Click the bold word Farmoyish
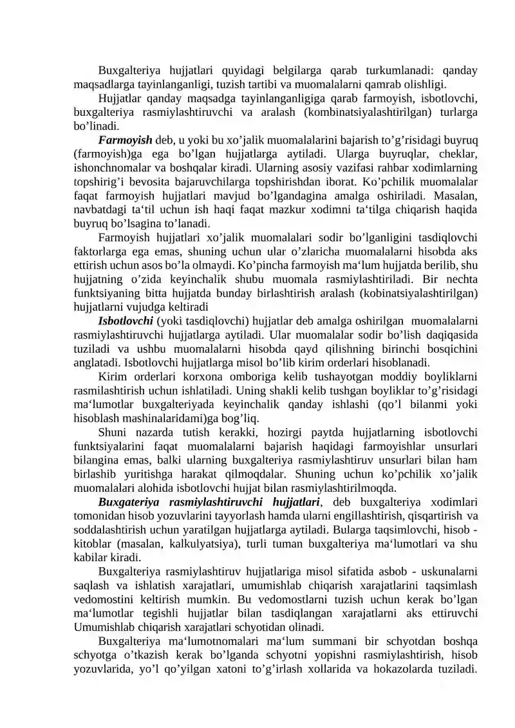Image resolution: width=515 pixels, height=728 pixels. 125,139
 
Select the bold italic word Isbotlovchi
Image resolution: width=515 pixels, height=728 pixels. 125,319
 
